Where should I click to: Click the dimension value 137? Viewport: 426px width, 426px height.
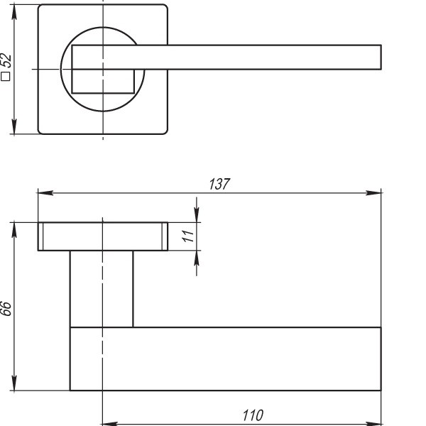coord(219,184)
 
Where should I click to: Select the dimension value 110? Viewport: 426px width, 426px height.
coord(253,415)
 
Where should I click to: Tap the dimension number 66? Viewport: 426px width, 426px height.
coord(6,308)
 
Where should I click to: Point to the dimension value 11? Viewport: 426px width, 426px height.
coord(188,236)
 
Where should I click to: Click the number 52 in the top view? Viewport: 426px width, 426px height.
coord(6,60)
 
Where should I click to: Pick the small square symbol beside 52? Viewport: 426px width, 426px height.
coord(5,77)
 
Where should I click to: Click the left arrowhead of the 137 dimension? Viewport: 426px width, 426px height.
coord(45,192)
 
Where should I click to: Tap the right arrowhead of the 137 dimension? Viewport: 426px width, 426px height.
coord(373,192)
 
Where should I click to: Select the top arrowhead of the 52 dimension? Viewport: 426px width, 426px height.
coord(14,12)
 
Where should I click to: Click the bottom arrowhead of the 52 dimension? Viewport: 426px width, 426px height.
coord(14,126)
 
